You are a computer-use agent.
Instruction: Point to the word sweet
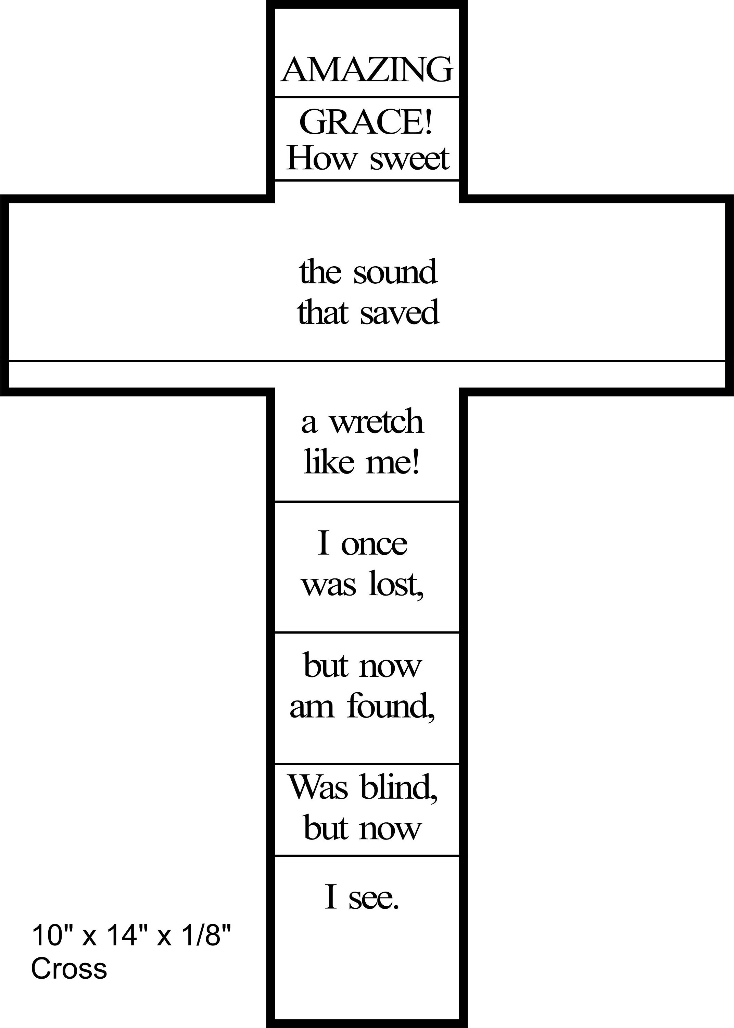(x=409, y=160)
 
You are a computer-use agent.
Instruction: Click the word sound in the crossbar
(x=395, y=272)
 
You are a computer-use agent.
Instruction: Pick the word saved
(x=400, y=312)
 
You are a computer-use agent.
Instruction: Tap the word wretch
(x=376, y=421)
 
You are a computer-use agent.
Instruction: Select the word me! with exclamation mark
(x=393, y=462)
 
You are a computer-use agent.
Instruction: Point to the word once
(x=374, y=544)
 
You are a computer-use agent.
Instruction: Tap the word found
(x=391, y=706)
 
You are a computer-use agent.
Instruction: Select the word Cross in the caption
(x=69, y=968)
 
